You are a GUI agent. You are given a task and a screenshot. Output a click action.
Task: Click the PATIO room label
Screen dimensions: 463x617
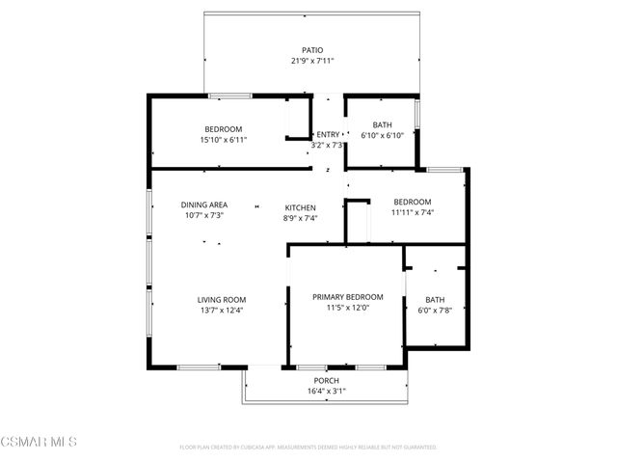[x=312, y=50]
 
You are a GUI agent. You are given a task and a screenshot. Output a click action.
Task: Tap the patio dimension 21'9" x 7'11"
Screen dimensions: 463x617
[x=312, y=61]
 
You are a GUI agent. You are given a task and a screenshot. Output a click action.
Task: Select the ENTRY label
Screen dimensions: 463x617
[x=328, y=135]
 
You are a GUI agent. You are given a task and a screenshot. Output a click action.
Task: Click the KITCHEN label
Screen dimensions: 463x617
[x=300, y=208]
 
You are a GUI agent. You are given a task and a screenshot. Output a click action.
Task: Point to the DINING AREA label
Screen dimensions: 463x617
[x=204, y=204]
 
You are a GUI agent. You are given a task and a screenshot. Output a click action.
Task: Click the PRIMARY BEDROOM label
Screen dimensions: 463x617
[x=348, y=297]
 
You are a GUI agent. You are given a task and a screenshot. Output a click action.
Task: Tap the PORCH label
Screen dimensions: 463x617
[x=327, y=381]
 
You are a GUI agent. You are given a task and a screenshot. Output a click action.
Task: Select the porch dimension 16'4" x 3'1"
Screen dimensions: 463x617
[x=327, y=392]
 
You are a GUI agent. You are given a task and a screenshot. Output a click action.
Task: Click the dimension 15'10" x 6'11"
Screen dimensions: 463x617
[x=223, y=140]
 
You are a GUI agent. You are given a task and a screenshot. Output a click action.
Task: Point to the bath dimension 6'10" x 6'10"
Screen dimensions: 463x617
[x=383, y=135]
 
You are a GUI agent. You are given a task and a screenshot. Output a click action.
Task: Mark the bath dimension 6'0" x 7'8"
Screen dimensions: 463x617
[x=435, y=310]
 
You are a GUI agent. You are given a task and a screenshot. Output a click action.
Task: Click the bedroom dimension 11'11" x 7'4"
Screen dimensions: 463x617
[x=412, y=212]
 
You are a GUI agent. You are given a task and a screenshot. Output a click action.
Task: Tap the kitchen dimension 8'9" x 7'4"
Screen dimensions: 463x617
[x=300, y=219]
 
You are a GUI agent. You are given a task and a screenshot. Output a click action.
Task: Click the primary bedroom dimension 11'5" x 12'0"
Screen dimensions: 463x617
[x=348, y=308]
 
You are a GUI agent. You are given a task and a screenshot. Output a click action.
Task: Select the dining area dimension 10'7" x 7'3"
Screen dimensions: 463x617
[x=204, y=215]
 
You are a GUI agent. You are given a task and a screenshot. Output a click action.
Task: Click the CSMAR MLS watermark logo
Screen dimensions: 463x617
[x=39, y=442]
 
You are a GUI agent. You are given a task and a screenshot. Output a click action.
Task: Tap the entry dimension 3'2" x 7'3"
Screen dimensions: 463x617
[x=328, y=146]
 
